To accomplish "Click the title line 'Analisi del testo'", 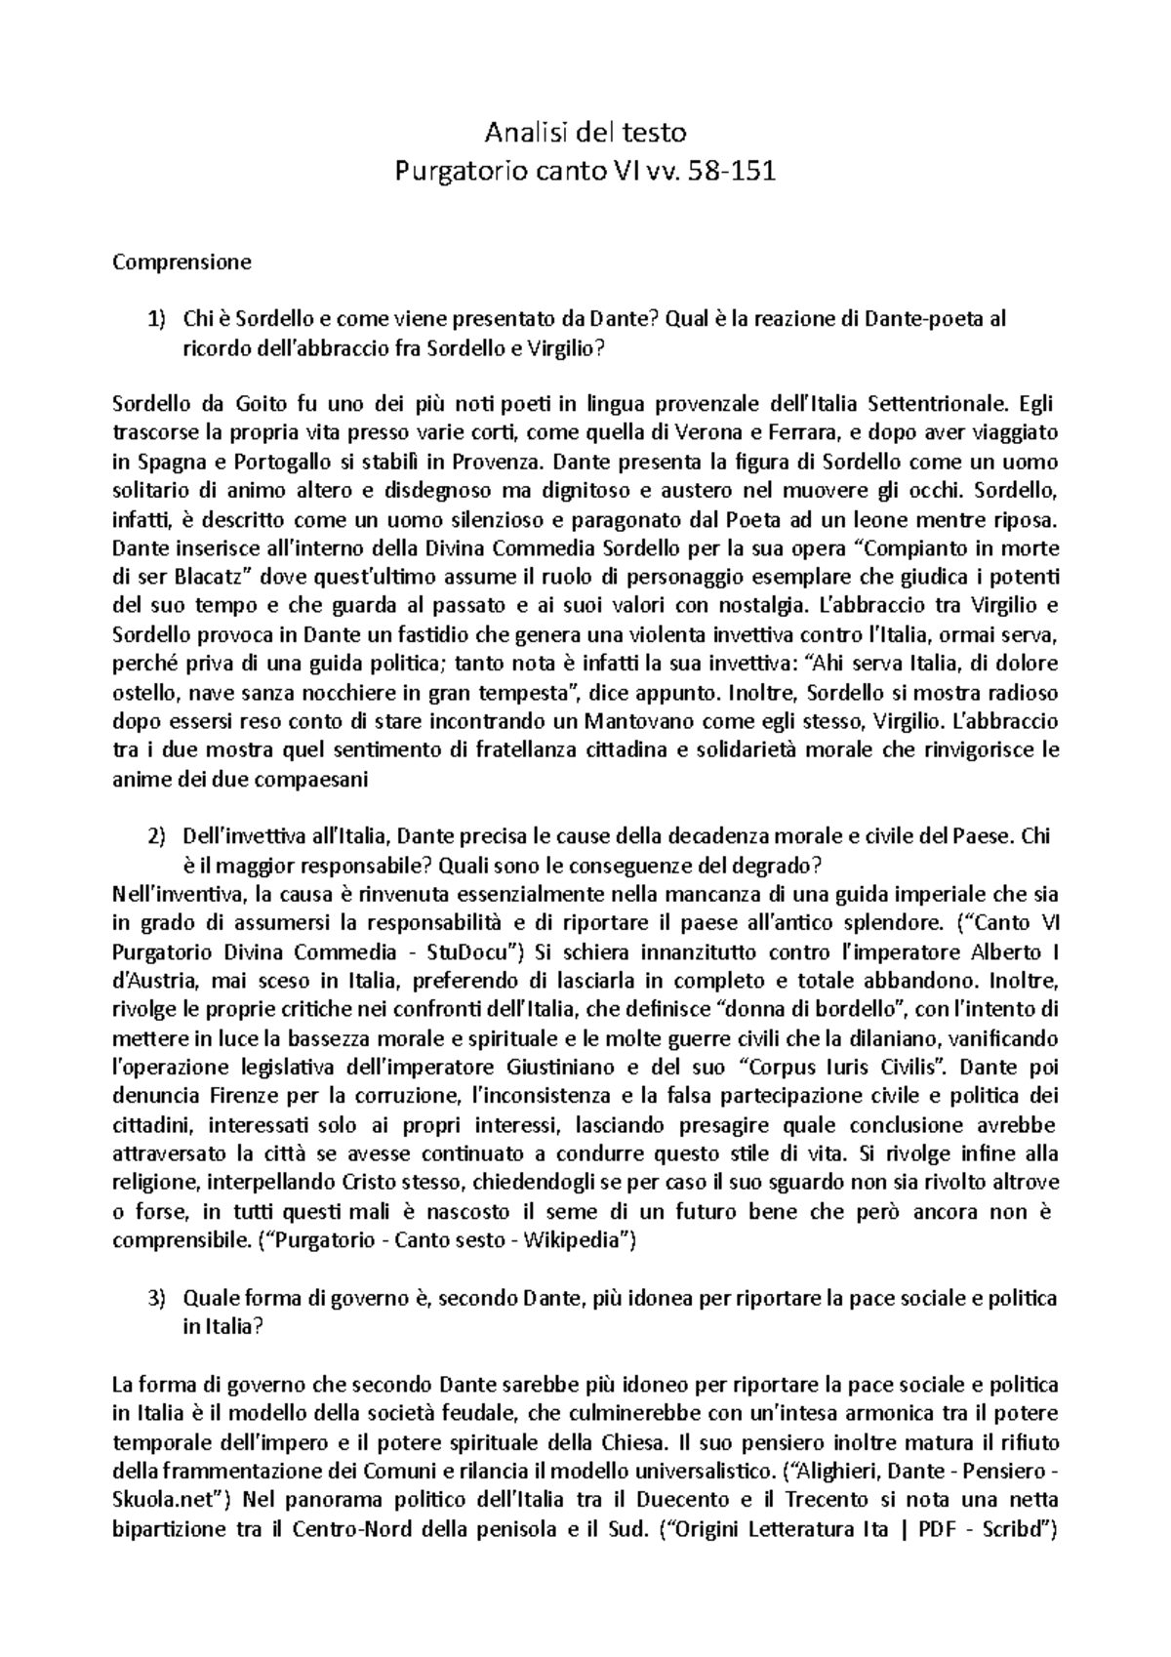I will (586, 132).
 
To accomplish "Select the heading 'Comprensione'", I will (182, 262).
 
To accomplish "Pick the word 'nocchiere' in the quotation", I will (328, 694).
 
